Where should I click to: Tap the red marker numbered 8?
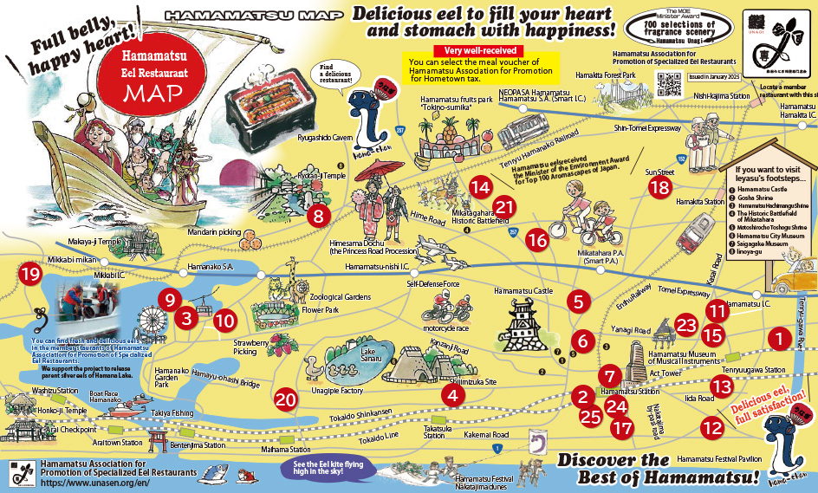319,216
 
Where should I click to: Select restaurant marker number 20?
286,399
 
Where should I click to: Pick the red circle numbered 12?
712,427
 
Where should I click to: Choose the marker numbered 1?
781,338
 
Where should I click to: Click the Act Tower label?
665,372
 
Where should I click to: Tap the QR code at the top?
668,83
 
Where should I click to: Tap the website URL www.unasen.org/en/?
79,484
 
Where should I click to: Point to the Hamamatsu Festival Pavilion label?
719,459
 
